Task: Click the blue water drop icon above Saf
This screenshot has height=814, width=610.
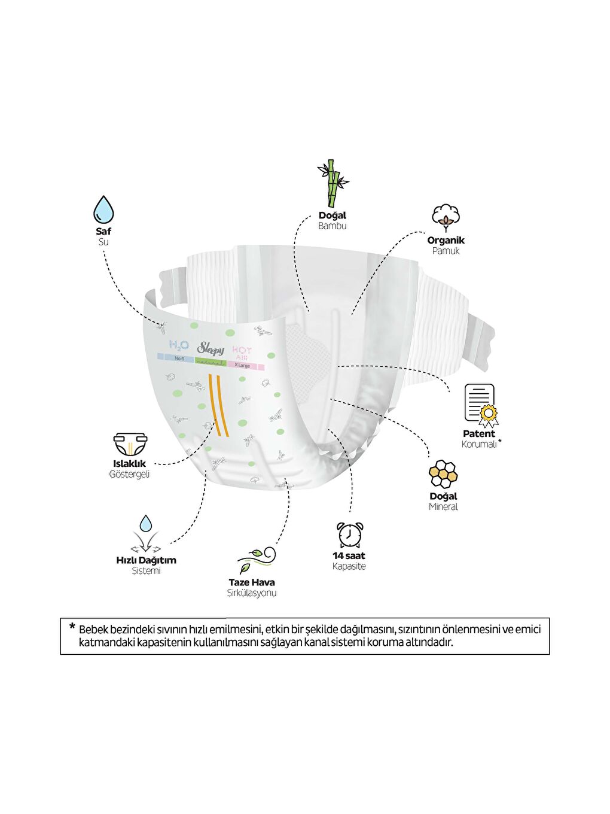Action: pyautogui.click(x=103, y=209)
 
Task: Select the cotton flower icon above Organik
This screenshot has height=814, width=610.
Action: pyautogui.click(x=446, y=218)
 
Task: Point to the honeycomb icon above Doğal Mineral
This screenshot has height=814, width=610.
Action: pyautogui.click(x=443, y=474)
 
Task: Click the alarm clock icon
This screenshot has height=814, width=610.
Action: pyautogui.click(x=349, y=534)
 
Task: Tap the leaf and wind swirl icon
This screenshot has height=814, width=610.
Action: pyautogui.click(x=257, y=560)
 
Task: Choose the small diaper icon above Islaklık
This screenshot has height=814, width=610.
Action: pyautogui.click(x=130, y=445)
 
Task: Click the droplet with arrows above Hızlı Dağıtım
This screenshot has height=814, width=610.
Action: pyautogui.click(x=146, y=534)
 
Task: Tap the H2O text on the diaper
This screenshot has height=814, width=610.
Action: pyautogui.click(x=179, y=345)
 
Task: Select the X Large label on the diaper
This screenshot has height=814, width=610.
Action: pyautogui.click(x=242, y=365)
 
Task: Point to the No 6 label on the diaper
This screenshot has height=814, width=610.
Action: pyautogui.click(x=179, y=359)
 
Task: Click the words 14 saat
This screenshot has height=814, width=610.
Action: pyautogui.click(x=349, y=555)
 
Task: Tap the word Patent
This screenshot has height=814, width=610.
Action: pyautogui.click(x=479, y=433)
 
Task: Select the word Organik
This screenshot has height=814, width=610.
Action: pyautogui.click(x=446, y=240)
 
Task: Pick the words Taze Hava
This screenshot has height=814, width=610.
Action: pyautogui.click(x=252, y=582)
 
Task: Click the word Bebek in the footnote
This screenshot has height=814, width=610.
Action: pyautogui.click(x=93, y=629)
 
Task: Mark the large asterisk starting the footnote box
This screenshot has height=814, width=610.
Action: pyautogui.click(x=72, y=627)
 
